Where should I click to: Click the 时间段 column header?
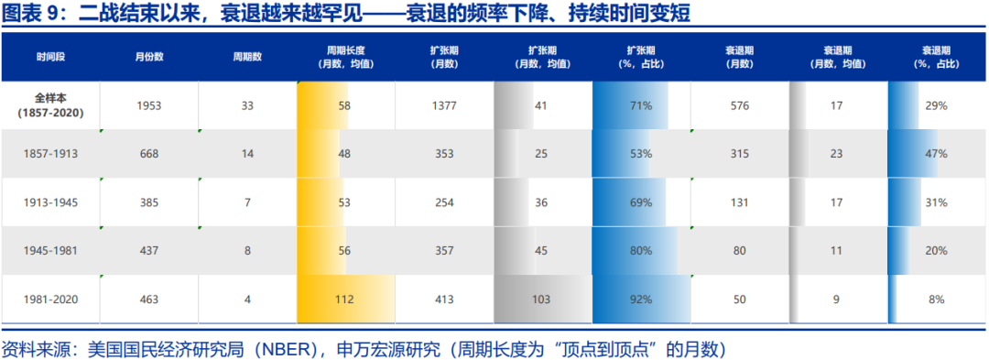(x=50, y=57)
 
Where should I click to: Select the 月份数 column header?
(x=148, y=57)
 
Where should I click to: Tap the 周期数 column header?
(x=247, y=57)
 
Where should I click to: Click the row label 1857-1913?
(x=50, y=154)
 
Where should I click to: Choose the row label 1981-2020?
(x=50, y=299)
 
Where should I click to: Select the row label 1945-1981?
(x=50, y=250)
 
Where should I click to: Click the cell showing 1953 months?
(x=148, y=105)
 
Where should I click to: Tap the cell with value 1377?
(x=444, y=105)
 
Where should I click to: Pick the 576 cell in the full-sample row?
(x=740, y=105)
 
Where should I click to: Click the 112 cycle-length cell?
(x=344, y=299)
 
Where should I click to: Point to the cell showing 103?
(x=540, y=299)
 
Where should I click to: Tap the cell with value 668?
(x=148, y=154)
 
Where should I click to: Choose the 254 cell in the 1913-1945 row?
(x=444, y=202)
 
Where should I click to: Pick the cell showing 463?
(x=148, y=299)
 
